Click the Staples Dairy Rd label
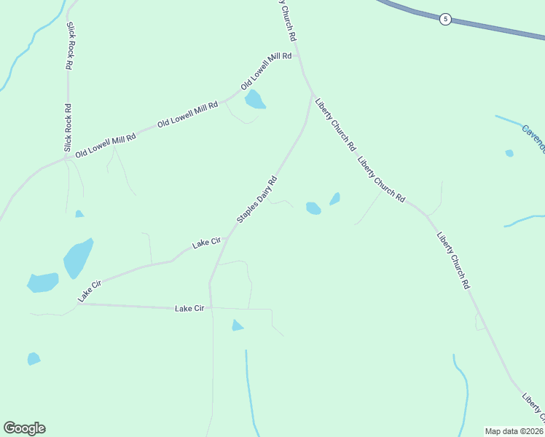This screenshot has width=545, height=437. coord(257,200)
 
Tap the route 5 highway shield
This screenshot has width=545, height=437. coord(445,19)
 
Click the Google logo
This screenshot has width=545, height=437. coord(24,428)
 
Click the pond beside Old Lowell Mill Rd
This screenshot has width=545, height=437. coord(254,99)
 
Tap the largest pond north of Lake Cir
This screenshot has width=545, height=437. coord(78,258)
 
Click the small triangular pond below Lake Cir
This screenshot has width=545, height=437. coord(237,326)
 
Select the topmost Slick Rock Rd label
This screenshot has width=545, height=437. coord(70,45)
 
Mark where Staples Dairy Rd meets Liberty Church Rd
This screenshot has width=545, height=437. coord(313,95)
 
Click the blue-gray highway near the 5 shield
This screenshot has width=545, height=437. coord(495,28)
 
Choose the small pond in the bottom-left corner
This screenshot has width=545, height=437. coord(34,358)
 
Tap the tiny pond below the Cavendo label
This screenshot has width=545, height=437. coord(509,153)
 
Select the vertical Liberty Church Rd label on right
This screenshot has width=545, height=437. coord(452,260)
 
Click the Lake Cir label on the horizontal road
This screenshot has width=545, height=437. coord(189,309)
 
